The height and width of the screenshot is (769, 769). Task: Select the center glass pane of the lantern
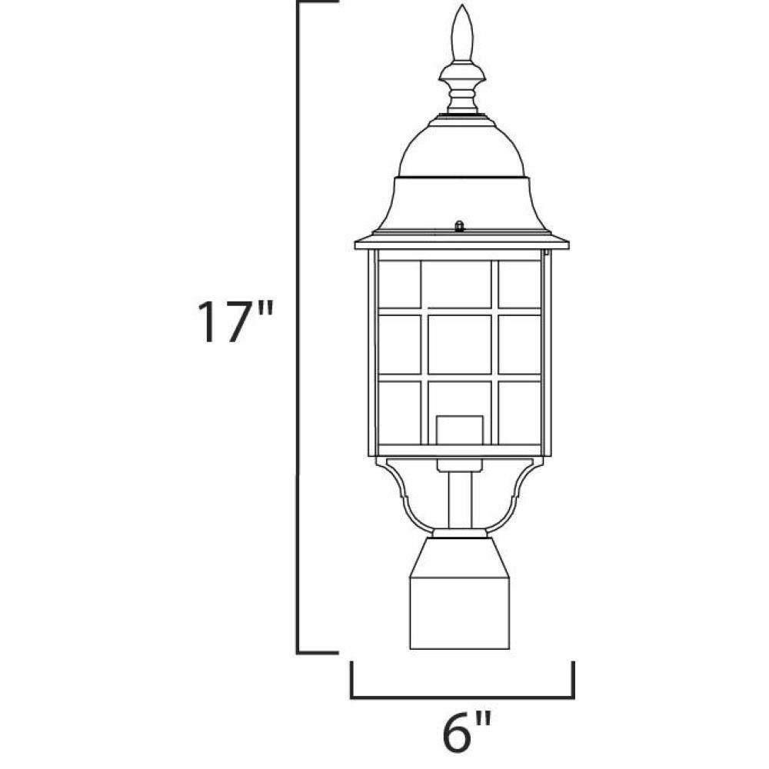click(x=460, y=345)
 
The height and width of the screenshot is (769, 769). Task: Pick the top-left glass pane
click(x=400, y=285)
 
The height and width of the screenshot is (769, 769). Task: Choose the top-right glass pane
click(x=519, y=285)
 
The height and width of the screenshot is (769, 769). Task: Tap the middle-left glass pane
click(x=400, y=345)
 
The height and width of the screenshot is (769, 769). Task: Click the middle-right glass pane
click(x=519, y=345)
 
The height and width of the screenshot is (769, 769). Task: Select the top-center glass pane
click(x=457, y=285)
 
